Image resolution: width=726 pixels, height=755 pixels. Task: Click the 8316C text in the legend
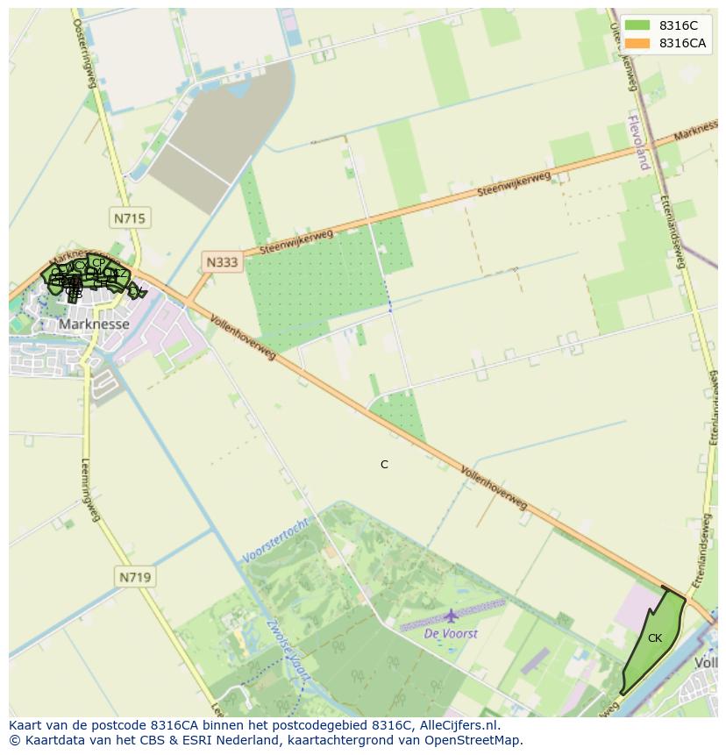[x=679, y=26]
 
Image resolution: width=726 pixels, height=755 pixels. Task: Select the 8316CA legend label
[x=683, y=44]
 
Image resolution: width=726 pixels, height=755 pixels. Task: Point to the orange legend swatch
[x=637, y=44]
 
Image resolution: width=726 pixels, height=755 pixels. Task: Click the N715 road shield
[x=130, y=217]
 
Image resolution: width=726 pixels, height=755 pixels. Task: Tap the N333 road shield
[x=222, y=261]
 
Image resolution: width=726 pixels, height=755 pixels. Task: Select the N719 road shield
[x=134, y=577]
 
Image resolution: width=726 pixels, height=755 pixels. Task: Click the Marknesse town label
[x=94, y=324]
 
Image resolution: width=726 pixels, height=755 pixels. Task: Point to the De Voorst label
[x=451, y=633]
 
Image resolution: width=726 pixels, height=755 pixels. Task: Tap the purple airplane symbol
[x=451, y=616]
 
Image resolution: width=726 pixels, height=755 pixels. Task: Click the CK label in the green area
[x=655, y=638]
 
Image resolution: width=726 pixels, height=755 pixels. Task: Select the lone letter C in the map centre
[x=384, y=465]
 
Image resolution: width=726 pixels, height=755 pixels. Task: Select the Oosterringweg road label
[x=84, y=53]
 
